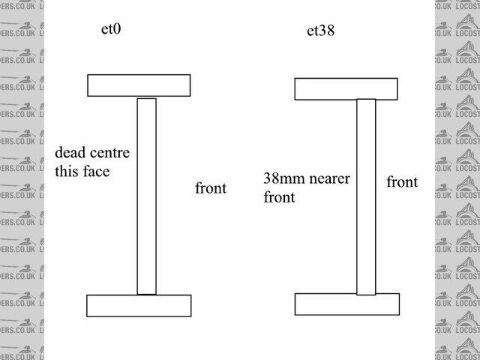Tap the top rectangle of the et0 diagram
click(139, 85)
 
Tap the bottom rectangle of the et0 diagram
click(139, 305)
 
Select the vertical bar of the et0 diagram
click(146, 196)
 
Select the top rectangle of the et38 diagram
click(346, 88)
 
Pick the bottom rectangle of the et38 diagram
click(346, 304)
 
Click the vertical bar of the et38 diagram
click(366, 196)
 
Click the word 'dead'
click(70, 153)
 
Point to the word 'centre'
click(110, 154)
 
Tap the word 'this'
click(67, 171)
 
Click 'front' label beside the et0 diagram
click(211, 187)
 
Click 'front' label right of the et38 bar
click(402, 181)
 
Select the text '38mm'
click(280, 180)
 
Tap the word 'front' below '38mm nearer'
click(279, 198)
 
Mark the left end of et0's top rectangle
click(91, 85)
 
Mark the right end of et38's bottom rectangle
click(394, 304)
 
